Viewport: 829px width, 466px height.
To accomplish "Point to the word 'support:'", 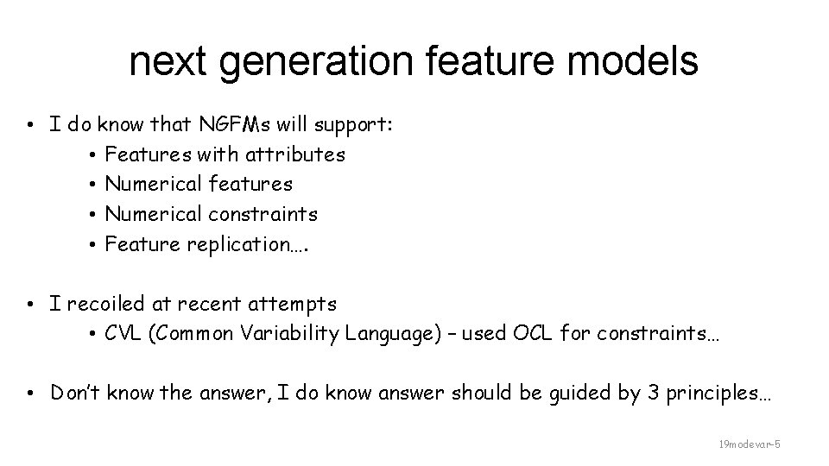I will point(355,125).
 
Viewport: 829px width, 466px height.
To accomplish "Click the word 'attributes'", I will point(295,154).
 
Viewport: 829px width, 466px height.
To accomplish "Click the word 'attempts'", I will point(294,304).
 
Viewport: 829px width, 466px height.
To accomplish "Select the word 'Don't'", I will point(75,394).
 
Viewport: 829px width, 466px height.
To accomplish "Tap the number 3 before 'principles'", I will point(638,394).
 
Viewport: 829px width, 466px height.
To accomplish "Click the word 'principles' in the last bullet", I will point(708,394).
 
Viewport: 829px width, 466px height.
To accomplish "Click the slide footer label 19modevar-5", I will point(750,444).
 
